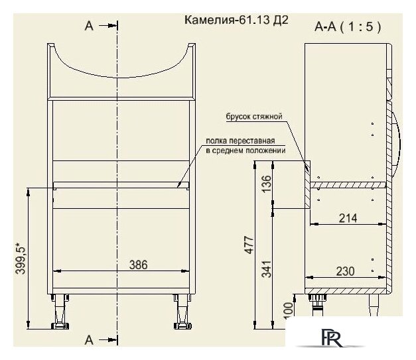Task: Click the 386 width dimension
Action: click(x=137, y=265)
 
